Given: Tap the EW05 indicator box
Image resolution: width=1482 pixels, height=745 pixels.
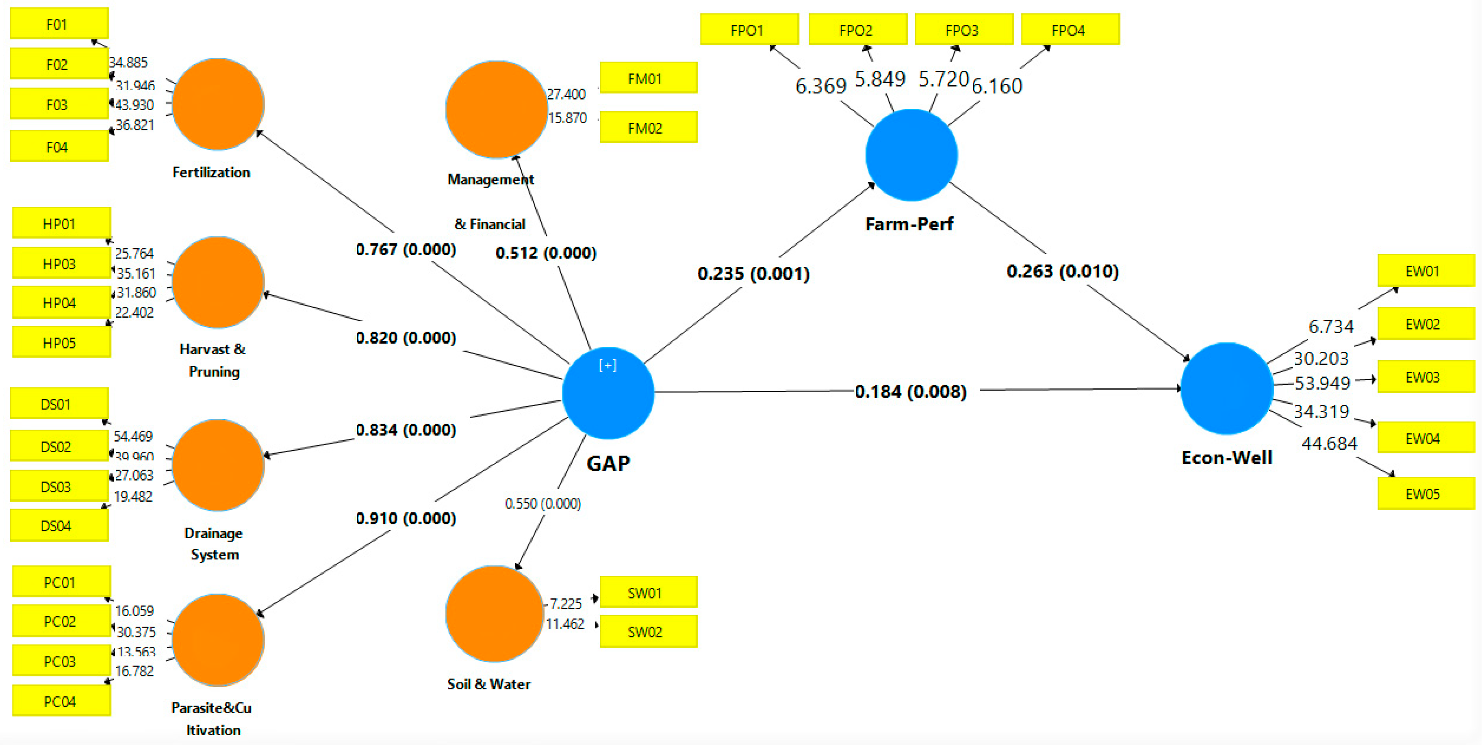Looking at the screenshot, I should (x=1425, y=494).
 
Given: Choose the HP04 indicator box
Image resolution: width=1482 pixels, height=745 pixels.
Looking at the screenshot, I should (x=61, y=303).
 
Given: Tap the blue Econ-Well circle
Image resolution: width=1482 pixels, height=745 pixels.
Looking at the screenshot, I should (x=1226, y=389).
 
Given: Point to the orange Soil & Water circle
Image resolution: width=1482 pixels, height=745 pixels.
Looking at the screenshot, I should (x=494, y=614).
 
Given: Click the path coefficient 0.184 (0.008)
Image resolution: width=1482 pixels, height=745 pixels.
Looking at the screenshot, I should (x=910, y=392).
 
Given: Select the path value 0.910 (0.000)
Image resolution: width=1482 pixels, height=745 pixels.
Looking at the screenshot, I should (x=406, y=518).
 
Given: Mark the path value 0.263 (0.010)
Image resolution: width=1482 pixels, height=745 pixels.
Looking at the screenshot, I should (x=1062, y=271).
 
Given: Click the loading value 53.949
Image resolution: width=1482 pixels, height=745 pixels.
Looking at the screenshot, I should (x=1321, y=383).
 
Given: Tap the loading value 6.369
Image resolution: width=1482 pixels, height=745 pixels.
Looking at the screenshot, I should (x=820, y=86).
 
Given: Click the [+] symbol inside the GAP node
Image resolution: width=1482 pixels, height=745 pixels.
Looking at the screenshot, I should (x=608, y=365).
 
